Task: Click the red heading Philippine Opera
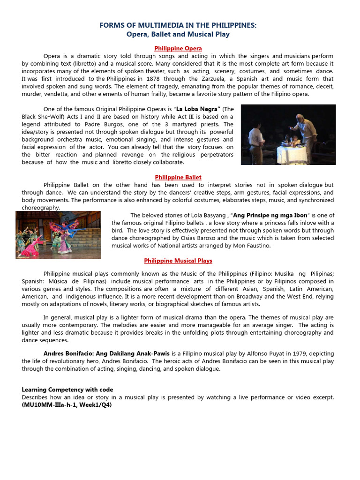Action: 178,48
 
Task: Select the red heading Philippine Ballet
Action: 178,177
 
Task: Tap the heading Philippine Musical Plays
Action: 178,261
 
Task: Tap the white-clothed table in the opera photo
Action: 292,152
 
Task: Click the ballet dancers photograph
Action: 58,235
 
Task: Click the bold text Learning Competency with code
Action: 67,390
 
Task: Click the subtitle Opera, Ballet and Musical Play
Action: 178,35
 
